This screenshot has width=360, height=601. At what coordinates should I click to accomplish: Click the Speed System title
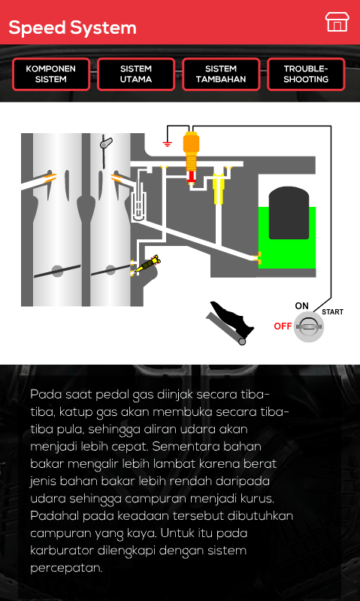pyautogui.click(x=72, y=28)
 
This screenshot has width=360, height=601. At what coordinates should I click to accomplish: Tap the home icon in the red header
pyautogui.click(x=337, y=22)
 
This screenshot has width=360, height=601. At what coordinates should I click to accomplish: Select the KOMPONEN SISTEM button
pyautogui.click(x=51, y=74)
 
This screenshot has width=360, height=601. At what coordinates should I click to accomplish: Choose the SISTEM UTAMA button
pyautogui.click(x=136, y=74)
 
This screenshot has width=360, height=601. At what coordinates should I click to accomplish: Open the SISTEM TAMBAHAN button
pyautogui.click(x=221, y=74)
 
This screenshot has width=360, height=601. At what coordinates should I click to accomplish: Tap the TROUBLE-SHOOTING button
pyautogui.click(x=306, y=74)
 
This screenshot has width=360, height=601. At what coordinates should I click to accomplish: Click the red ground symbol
pyautogui.click(x=167, y=144)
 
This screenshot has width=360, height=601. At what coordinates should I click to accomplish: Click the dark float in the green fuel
pyautogui.click(x=289, y=213)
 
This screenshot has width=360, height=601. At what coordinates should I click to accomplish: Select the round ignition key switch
pyautogui.click(x=309, y=327)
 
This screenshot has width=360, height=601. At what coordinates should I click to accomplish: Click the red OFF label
pyautogui.click(x=283, y=326)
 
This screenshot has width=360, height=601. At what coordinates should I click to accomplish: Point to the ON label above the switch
pyautogui.click(x=302, y=306)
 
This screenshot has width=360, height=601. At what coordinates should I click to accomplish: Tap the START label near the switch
pyautogui.click(x=332, y=312)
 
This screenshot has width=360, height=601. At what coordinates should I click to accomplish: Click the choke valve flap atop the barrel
pyautogui.click(x=105, y=144)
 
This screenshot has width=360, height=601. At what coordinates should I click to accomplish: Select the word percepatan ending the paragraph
pyautogui.click(x=67, y=568)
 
